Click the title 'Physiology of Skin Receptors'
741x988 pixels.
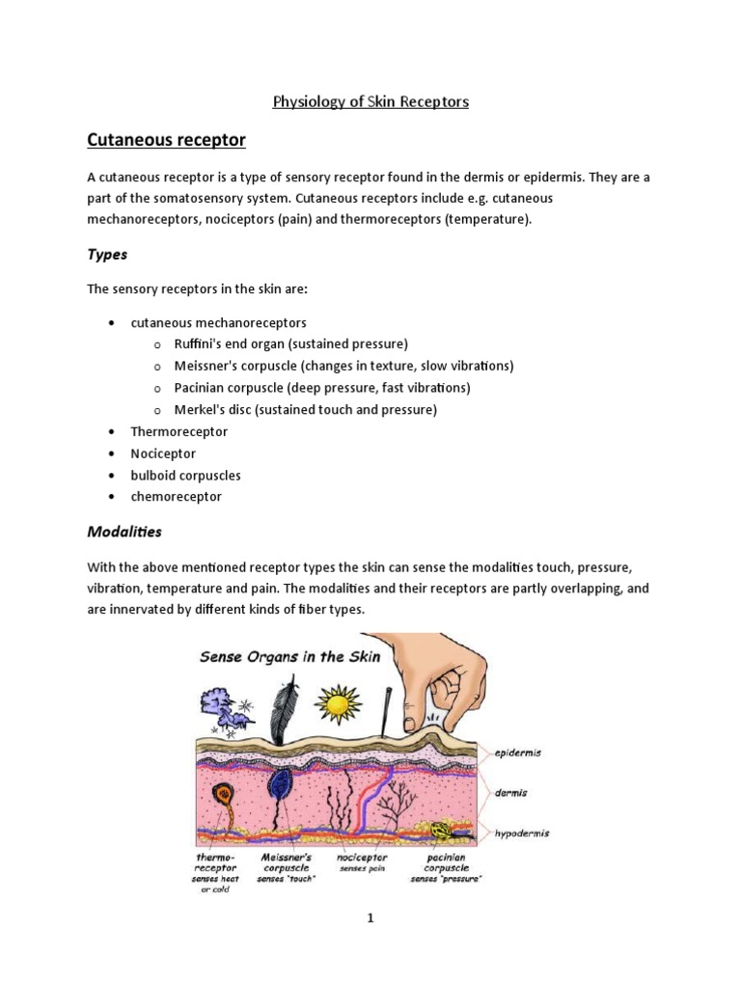click(x=371, y=101)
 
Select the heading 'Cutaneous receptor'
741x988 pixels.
click(x=166, y=141)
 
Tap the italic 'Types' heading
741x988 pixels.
click(x=107, y=255)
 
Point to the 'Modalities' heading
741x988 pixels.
click(x=124, y=532)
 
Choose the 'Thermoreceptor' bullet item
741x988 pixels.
click(x=178, y=431)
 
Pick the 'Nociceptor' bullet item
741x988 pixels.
click(x=163, y=453)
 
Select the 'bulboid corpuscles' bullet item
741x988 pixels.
click(x=185, y=476)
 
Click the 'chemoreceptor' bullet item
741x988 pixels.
click(x=176, y=497)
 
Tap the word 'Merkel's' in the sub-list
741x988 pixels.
click(x=200, y=410)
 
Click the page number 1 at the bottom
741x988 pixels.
click(x=370, y=919)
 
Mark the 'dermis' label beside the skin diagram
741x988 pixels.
click(x=511, y=792)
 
